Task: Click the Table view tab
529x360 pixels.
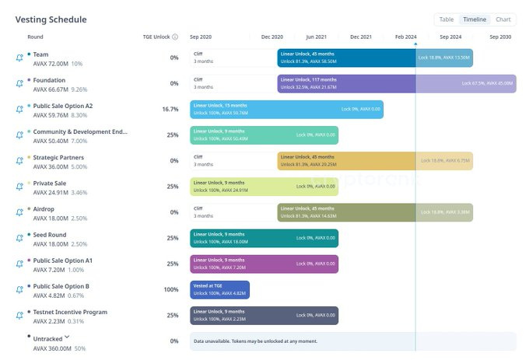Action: click(x=447, y=19)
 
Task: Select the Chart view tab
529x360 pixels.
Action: click(x=503, y=19)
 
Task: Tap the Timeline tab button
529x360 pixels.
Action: click(x=475, y=19)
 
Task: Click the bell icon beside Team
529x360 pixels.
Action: click(x=19, y=58)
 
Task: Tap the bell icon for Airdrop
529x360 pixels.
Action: click(x=19, y=212)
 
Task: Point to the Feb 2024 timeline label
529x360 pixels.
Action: click(x=405, y=37)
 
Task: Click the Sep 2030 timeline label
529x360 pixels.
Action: click(x=500, y=37)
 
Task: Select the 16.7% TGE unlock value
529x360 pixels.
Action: click(x=170, y=110)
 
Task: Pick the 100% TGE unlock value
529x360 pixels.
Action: click(x=170, y=289)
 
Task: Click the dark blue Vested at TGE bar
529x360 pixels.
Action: click(x=220, y=290)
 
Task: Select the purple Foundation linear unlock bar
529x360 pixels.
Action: click(x=397, y=84)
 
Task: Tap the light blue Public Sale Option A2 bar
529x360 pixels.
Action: click(x=286, y=110)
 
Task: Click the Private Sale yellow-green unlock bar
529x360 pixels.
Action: click(x=264, y=187)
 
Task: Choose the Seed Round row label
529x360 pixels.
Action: click(x=50, y=235)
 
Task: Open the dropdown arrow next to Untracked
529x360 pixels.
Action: click(x=68, y=337)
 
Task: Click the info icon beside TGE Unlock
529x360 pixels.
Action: click(x=175, y=37)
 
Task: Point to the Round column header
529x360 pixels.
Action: click(x=35, y=37)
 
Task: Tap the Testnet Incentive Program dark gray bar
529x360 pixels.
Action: click(x=264, y=315)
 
